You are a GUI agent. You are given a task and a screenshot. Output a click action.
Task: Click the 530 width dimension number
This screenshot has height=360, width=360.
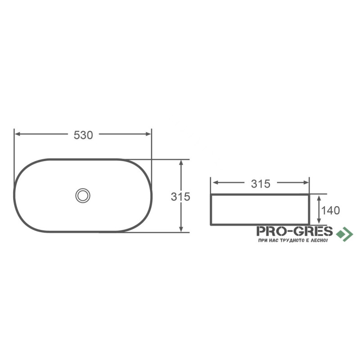click(83, 135)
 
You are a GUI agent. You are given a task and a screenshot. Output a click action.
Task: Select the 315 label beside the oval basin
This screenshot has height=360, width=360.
click(180, 197)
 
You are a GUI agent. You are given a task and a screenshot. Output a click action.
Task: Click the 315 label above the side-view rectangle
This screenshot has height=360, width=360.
click(261, 184)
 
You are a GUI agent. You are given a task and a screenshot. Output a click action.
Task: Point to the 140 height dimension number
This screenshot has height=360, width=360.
click(330, 210)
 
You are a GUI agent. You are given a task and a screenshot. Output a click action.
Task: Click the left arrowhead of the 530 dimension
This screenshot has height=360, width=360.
click(18, 134)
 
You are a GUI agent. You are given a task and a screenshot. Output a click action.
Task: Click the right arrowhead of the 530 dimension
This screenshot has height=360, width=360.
click(148, 134)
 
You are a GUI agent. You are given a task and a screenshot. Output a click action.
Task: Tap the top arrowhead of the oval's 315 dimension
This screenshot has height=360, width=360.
click(181, 163)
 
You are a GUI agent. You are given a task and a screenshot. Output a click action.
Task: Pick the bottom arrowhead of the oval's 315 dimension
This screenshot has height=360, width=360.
click(181, 229)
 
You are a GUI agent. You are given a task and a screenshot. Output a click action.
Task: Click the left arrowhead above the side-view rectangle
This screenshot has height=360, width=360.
click(215, 183)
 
